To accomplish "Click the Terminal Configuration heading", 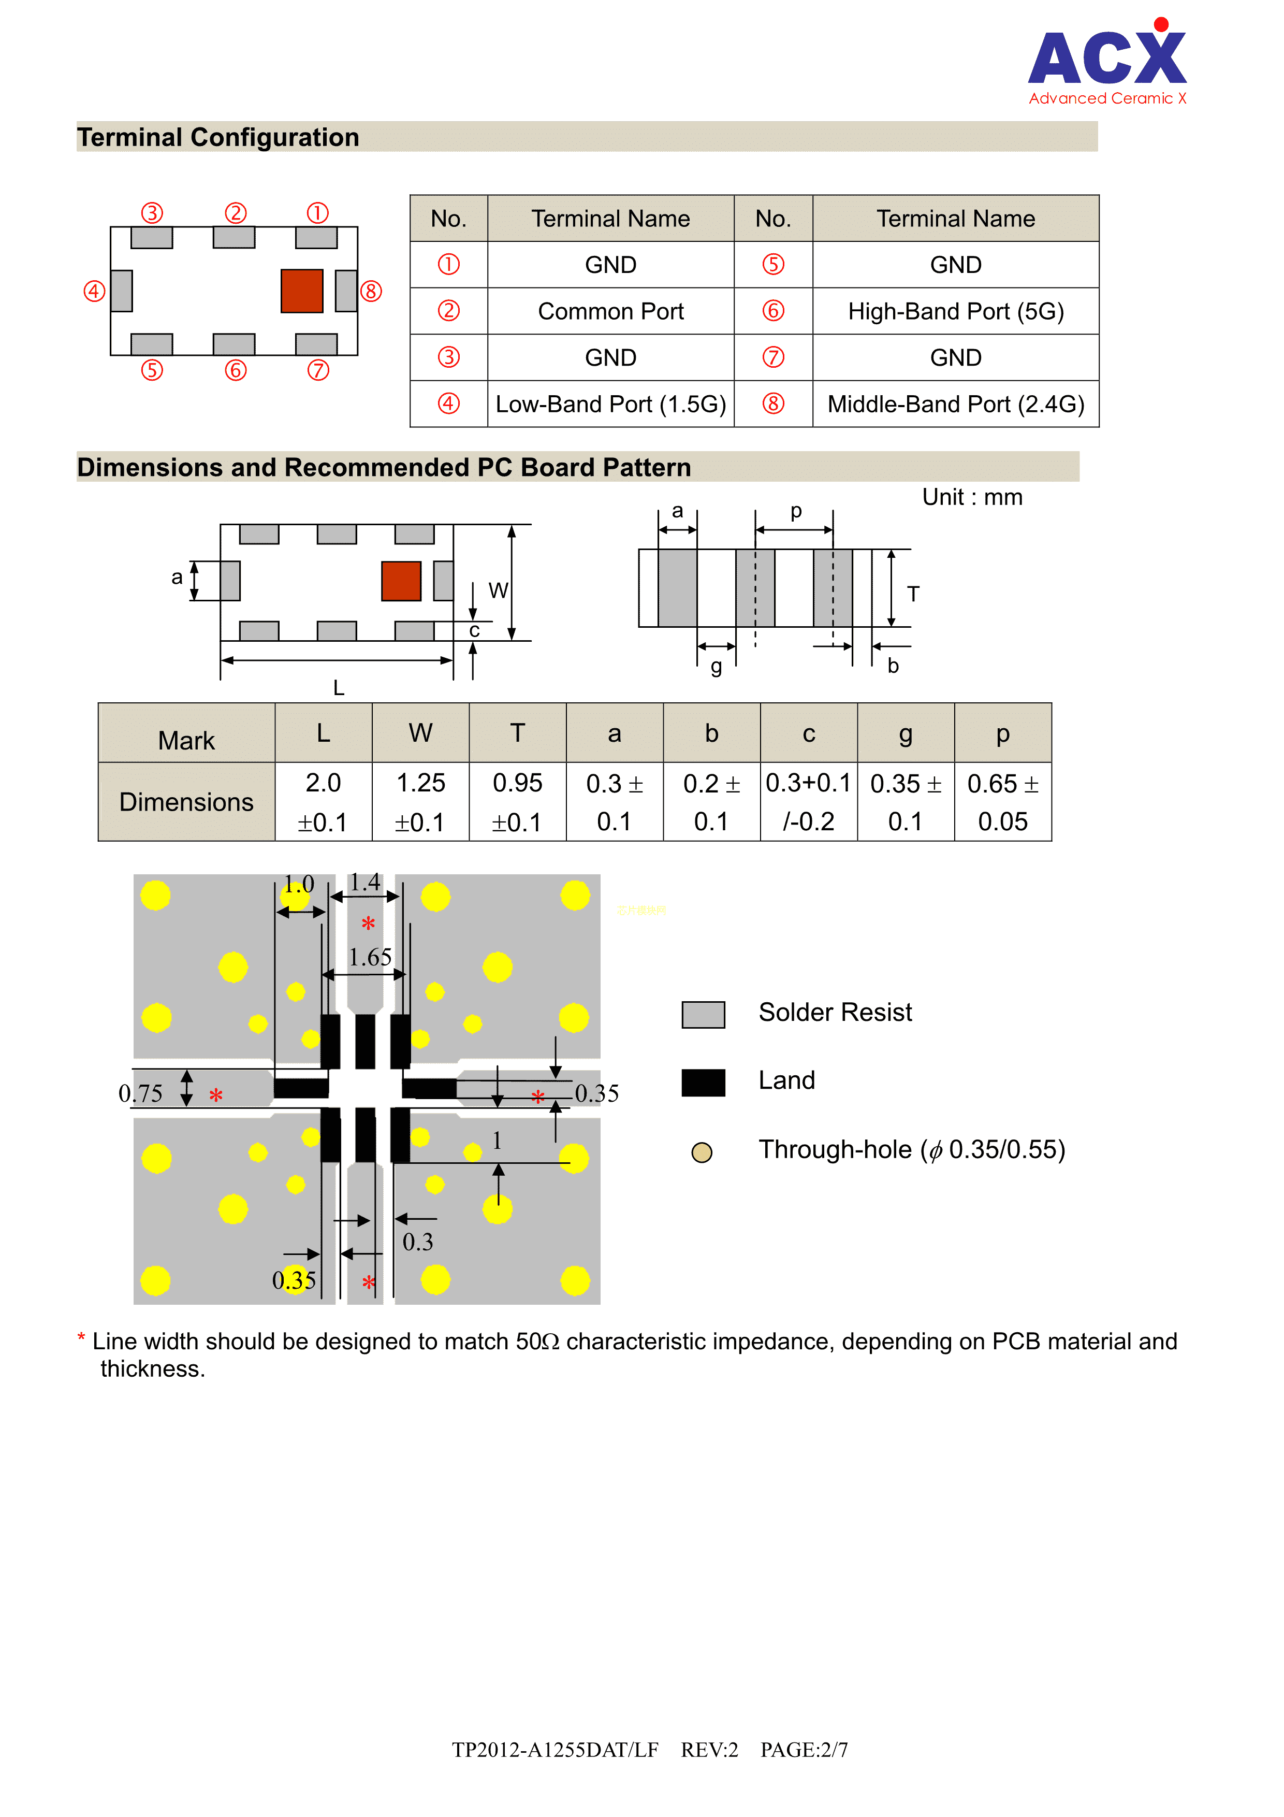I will point(218,138).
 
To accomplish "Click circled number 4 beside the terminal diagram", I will point(94,291).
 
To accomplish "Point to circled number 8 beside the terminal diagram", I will point(371,291).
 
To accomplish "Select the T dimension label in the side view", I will point(913,594).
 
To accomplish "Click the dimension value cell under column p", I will point(1002,802).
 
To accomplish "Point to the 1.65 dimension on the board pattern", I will point(370,958).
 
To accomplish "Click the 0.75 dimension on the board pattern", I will point(140,1094).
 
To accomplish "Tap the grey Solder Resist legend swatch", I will point(703,1014).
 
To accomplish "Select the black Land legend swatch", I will point(703,1082).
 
